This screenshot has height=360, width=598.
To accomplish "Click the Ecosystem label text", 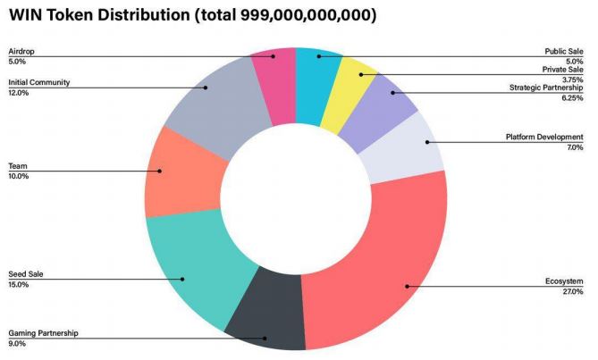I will pyautogui.click(x=563, y=282).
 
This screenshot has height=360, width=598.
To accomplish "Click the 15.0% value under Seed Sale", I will pyautogui.click(x=19, y=285).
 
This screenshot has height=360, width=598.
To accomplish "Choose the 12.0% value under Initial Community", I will pyautogui.click(x=19, y=93).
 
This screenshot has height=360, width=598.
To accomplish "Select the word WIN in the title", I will pyautogui.click(x=27, y=15).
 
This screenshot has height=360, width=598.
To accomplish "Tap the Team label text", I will pyautogui.click(x=17, y=166).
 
